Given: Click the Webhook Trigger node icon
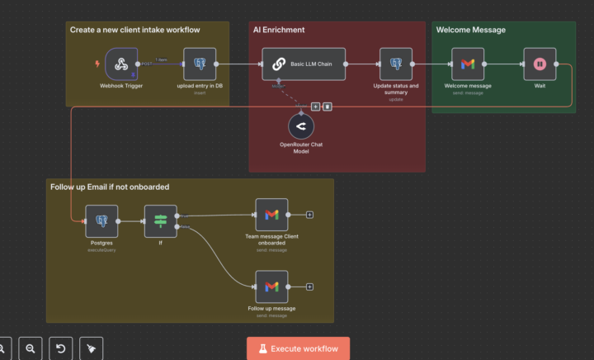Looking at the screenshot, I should [121, 64].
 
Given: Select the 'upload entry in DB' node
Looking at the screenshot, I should [199, 64].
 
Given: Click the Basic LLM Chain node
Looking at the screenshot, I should [304, 64].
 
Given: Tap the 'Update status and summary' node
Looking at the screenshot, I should [395, 64].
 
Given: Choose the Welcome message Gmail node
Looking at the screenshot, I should [467, 64].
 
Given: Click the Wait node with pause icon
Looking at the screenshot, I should [540, 64].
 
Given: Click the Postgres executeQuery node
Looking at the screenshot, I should [101, 220].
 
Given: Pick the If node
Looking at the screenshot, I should [160, 220].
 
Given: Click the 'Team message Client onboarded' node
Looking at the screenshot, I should [271, 215].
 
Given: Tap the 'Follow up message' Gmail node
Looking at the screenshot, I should [271, 287].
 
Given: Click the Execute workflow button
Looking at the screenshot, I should [298, 348].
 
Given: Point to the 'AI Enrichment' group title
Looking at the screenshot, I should [278, 30].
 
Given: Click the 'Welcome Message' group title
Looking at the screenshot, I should [470, 30].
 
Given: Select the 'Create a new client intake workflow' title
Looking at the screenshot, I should [134, 30].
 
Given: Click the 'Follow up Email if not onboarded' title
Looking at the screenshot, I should [109, 187].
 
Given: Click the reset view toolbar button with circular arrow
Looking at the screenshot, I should [60, 348].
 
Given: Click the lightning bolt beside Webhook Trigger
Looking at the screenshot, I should [98, 64].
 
